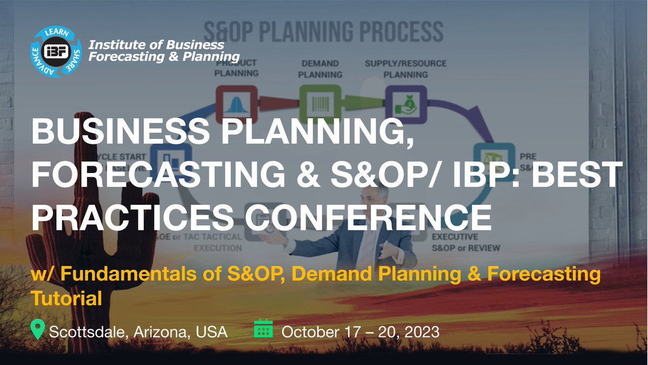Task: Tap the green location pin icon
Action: point(37,329)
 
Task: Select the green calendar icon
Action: point(264,329)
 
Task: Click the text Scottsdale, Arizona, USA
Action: point(138,331)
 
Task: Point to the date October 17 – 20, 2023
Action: point(361,331)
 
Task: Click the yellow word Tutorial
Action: point(67,298)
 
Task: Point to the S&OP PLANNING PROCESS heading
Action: point(323,32)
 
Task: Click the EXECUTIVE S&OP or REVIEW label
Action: point(465,243)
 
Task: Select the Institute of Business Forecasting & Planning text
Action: point(164,50)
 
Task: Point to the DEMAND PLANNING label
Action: point(320,69)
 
